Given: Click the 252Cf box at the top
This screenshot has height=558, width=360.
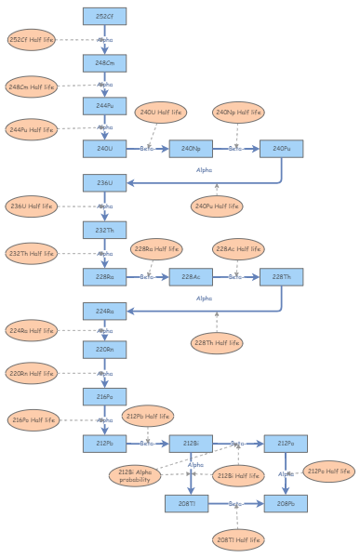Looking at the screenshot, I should pyautogui.click(x=104, y=17).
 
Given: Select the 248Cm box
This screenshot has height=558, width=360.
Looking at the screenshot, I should pyautogui.click(x=104, y=62).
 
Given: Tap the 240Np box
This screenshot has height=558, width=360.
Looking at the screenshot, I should pyautogui.click(x=191, y=148).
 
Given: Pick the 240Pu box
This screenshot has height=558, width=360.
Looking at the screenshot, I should pyautogui.click(x=281, y=148).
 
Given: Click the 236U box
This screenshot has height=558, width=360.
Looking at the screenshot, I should pyautogui.click(x=104, y=183).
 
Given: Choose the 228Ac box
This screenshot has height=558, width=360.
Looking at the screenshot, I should pyautogui.click(x=191, y=276).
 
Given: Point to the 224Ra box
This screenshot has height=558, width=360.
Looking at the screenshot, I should pyautogui.click(x=104, y=311).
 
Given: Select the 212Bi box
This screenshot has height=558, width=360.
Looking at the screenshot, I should pyautogui.click(x=191, y=444).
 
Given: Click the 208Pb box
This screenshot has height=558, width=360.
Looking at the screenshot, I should pyautogui.click(x=285, y=503).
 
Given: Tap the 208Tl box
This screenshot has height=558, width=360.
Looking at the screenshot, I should pyautogui.click(x=187, y=503).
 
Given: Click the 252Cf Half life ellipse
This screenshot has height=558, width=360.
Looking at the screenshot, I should pyautogui.click(x=32, y=40).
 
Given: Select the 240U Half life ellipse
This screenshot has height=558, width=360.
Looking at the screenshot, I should pyautogui.click(x=160, y=113).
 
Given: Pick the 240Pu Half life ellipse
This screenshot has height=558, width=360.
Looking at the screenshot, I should pyautogui.click(x=217, y=206).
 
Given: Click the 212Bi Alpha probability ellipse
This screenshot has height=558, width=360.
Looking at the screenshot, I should pyautogui.click(x=134, y=477).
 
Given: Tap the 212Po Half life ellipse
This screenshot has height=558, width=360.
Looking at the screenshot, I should pyautogui.click(x=329, y=472).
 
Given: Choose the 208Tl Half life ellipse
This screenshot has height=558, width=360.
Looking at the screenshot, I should pyautogui.click(x=236, y=539).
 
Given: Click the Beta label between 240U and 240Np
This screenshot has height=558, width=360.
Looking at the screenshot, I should pyautogui.click(x=146, y=148).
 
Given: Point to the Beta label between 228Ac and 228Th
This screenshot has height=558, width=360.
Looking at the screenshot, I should pyautogui.click(x=236, y=276).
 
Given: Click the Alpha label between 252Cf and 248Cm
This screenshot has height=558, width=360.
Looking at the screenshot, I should pyautogui.click(x=105, y=40).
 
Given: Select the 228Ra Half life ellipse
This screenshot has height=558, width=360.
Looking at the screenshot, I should pyautogui.click(x=156, y=249).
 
